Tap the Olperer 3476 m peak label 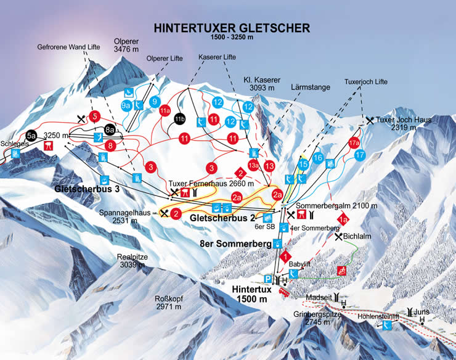126,46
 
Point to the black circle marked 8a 110,129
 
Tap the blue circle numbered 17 360,155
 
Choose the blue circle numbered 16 318,158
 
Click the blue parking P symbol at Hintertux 267,278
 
